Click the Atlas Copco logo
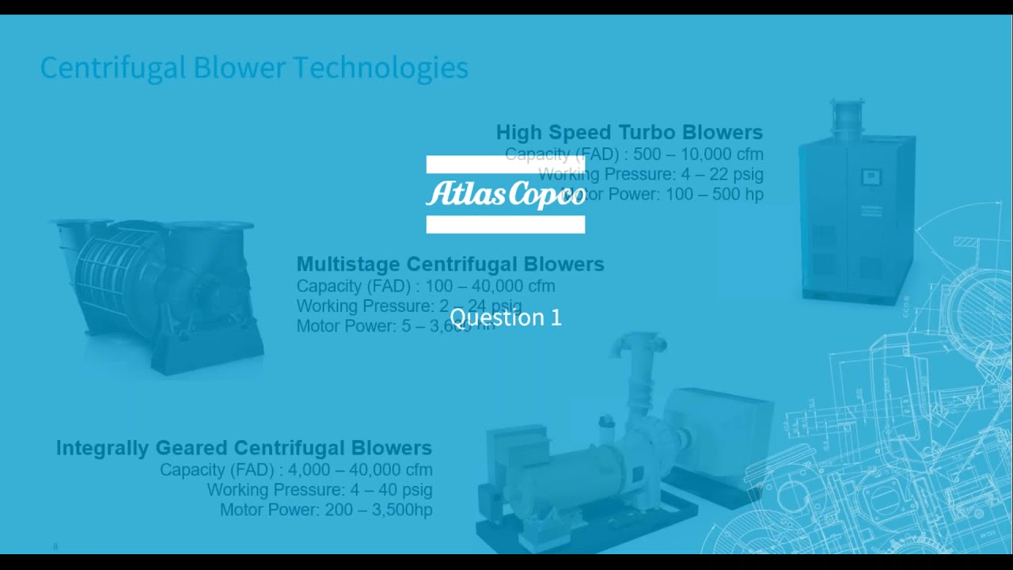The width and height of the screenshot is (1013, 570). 506,194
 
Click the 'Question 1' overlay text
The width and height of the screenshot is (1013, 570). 505,317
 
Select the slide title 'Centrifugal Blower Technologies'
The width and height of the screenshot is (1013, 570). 254,68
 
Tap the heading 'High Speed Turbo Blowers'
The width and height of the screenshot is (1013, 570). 629,132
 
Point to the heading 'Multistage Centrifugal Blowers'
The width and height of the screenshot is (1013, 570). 450,264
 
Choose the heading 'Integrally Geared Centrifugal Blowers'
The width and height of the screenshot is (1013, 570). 244,448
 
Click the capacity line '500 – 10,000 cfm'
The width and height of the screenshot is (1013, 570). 634,154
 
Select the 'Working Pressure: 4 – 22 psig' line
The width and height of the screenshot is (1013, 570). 651,174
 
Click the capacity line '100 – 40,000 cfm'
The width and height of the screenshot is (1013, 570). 425,286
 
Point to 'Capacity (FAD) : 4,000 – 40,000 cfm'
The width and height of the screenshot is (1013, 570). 296,469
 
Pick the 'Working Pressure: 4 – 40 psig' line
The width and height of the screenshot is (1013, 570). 319,490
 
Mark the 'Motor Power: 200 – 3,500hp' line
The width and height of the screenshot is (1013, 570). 326,510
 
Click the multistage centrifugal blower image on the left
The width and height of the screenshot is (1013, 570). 158,293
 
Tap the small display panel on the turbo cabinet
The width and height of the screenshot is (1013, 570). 871,177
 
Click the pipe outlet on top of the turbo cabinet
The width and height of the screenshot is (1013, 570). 847,116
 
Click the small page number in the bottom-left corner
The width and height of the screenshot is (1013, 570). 55,547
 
